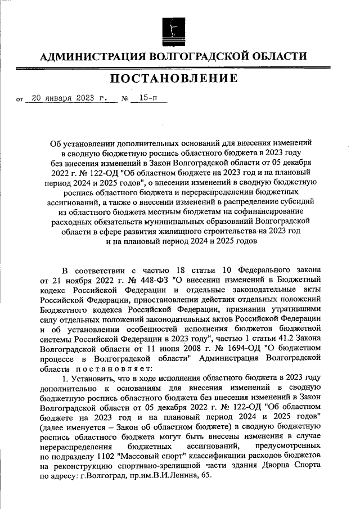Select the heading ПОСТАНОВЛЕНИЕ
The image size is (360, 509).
coord(173,79)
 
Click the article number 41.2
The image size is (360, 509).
coord(283,338)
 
